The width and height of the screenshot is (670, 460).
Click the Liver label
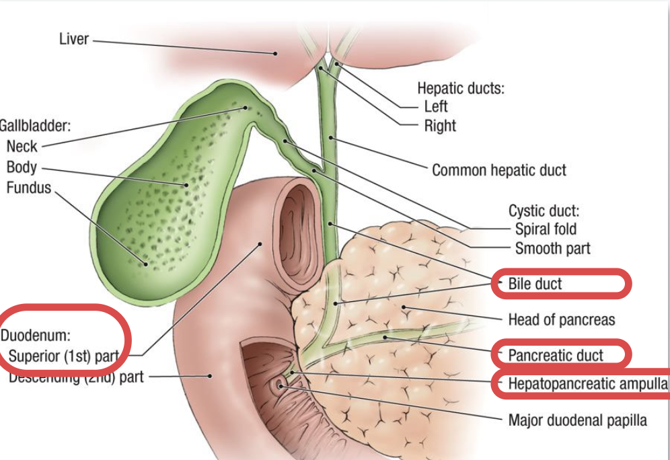tap(73, 39)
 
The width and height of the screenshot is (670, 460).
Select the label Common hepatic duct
tap(498, 170)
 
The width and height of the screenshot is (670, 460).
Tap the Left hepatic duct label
tap(435, 106)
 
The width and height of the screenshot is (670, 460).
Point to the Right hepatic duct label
tap(439, 126)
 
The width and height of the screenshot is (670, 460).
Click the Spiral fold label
tap(546, 229)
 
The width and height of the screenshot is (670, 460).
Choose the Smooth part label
tap(552, 249)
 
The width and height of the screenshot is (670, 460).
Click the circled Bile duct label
tap(535, 284)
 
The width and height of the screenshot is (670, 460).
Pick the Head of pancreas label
tap(561, 319)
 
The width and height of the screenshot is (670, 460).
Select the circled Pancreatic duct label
tap(556, 355)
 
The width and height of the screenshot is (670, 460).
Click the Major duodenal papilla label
tap(577, 420)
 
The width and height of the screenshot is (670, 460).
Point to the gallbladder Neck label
tap(22, 146)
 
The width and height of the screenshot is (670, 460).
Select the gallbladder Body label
tap(22, 167)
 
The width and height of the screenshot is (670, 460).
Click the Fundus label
tap(28, 188)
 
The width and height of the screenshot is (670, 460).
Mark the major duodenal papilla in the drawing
tap(278, 385)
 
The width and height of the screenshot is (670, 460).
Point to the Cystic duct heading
tap(543, 210)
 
